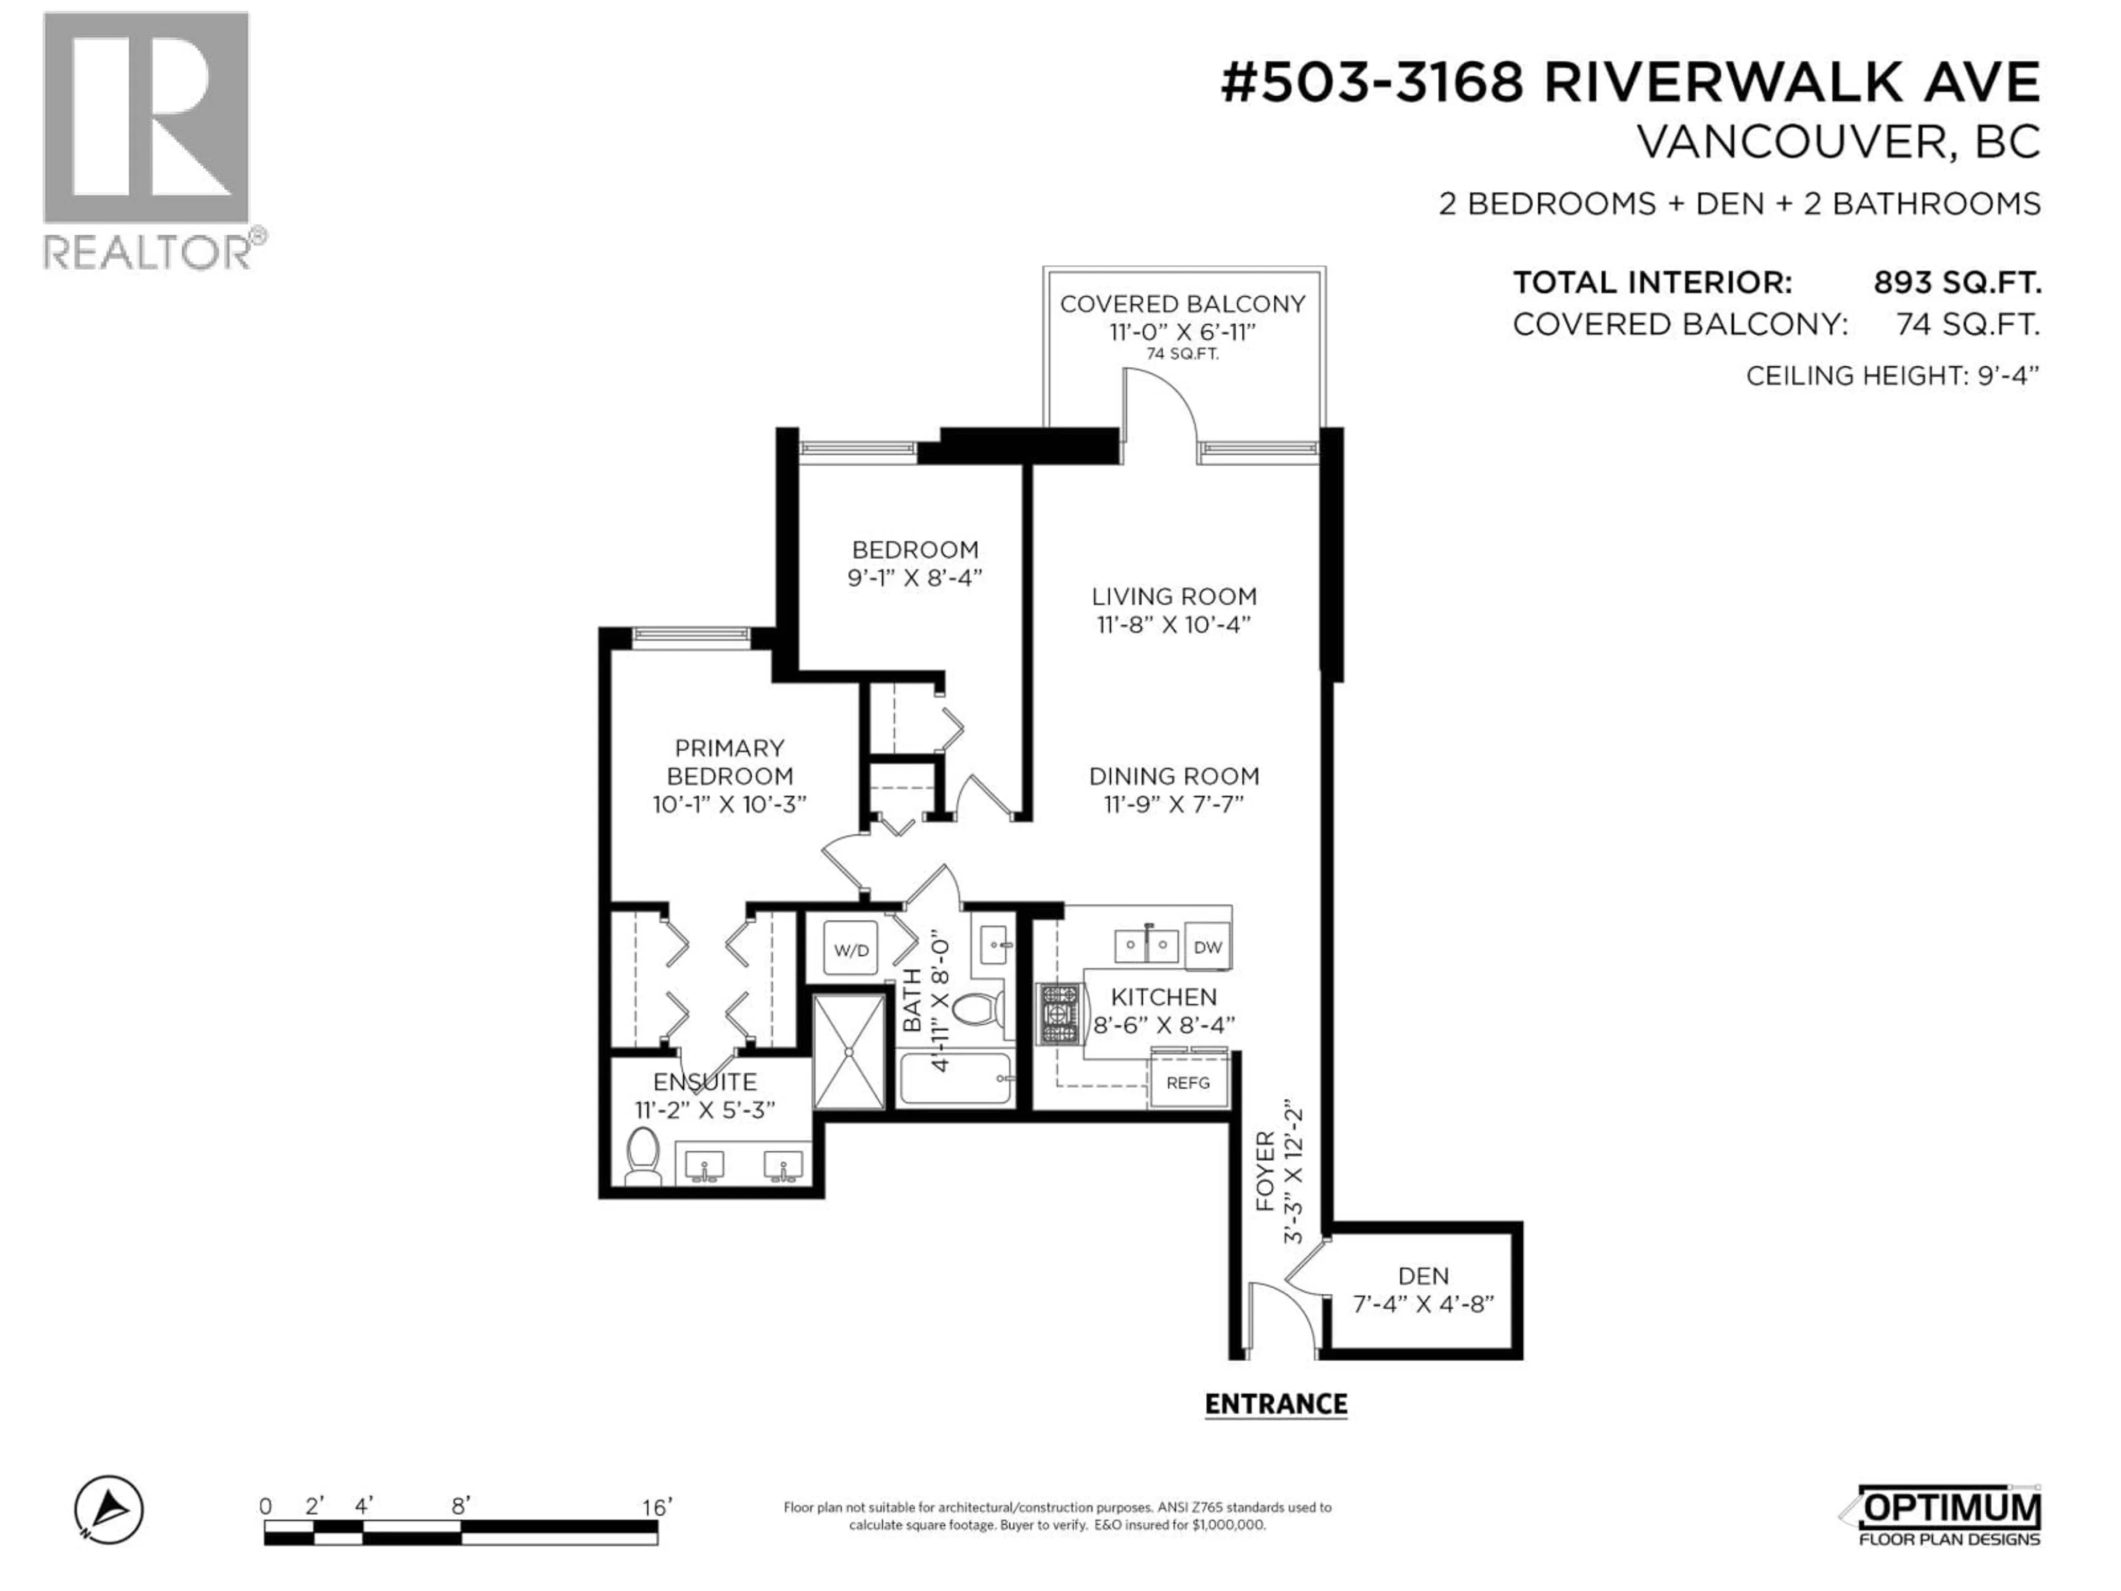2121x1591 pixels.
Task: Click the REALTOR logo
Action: (154, 139)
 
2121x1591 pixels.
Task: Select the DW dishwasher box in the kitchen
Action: (1207, 946)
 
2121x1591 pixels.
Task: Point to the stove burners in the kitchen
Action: (1059, 1014)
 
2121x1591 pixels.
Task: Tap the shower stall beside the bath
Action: (848, 1052)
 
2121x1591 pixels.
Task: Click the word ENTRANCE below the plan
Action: (1275, 1404)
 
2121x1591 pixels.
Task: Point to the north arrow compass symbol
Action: (109, 1509)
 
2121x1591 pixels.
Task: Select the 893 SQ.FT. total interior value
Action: (1956, 283)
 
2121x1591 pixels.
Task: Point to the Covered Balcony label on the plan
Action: (1181, 304)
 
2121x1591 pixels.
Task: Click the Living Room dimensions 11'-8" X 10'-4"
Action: (1174, 624)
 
